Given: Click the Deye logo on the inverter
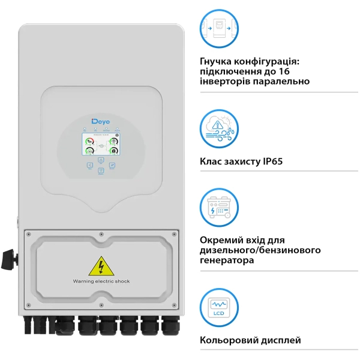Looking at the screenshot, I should pyautogui.click(x=100, y=122).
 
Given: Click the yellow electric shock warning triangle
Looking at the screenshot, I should pyautogui.click(x=99, y=266).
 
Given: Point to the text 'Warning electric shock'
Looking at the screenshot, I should pyautogui.click(x=101, y=281).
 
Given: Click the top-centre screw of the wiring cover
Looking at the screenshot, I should pyautogui.click(x=100, y=233).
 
